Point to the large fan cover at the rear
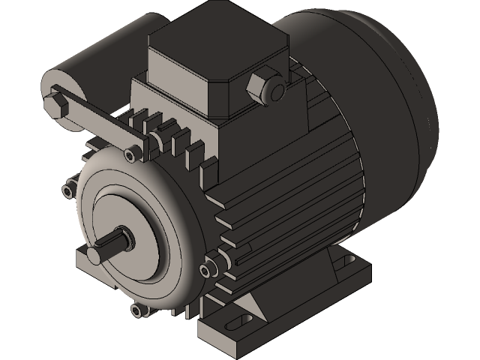(x=375, y=97)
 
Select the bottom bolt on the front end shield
(x=136, y=310)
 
